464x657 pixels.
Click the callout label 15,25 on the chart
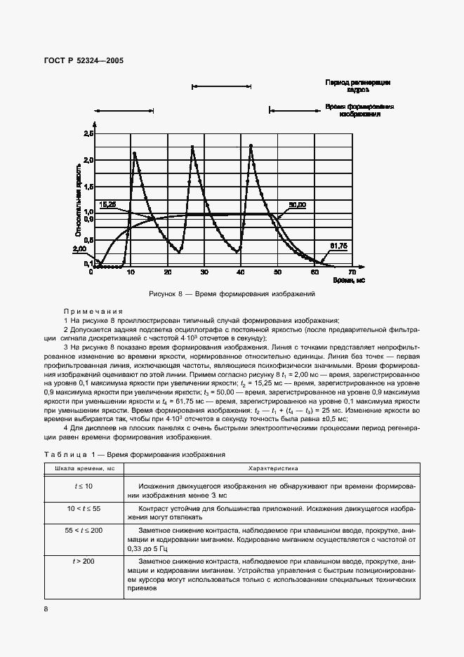(x=109, y=204)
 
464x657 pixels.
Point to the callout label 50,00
(x=296, y=205)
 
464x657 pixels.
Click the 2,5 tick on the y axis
(x=88, y=133)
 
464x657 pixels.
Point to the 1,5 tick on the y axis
(x=88, y=186)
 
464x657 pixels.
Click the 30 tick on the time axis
(x=204, y=272)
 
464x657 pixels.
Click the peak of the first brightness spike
(x=133, y=153)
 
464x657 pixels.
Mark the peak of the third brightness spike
(x=251, y=145)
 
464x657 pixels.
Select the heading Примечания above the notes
(x=93, y=310)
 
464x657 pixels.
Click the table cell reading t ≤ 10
(x=84, y=486)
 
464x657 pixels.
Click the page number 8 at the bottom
(x=46, y=609)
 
